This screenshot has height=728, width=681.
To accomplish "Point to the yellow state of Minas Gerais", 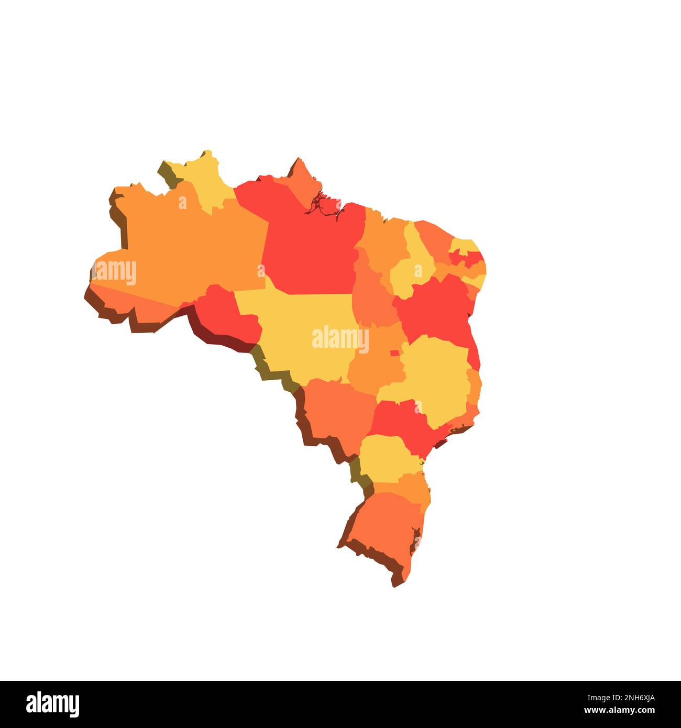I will click(435, 377).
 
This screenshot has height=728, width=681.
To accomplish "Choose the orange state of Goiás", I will click(375, 367).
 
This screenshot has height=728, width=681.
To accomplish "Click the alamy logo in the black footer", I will click(53, 704).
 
